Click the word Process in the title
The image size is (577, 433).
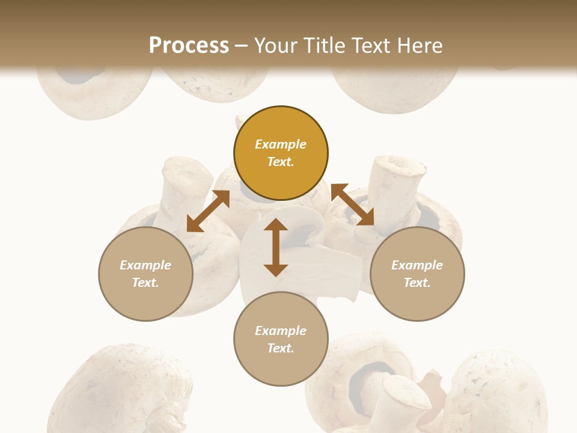pyautogui.click(x=189, y=45)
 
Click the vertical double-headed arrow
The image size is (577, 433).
pyautogui.click(x=276, y=247)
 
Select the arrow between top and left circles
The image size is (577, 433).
pyautogui.click(x=208, y=211)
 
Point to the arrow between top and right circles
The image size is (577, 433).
pyautogui.click(x=353, y=205)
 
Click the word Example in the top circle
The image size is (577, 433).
pyautogui.click(x=281, y=144)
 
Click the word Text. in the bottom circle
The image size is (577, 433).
pyautogui.click(x=281, y=348)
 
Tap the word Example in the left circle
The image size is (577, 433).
pyautogui.click(x=145, y=265)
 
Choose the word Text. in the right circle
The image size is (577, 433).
pyautogui.click(x=417, y=283)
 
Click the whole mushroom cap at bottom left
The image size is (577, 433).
pyautogui.click(x=120, y=391)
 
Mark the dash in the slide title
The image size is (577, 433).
pyautogui.click(x=242, y=46)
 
